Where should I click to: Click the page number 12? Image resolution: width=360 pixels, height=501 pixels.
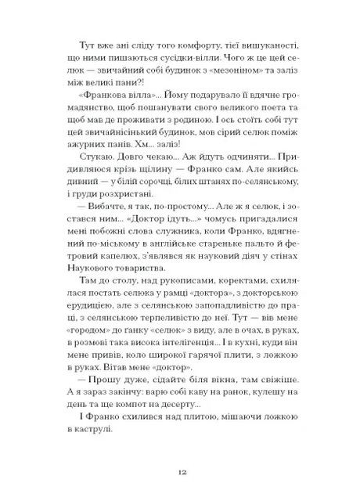[180, 473]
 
